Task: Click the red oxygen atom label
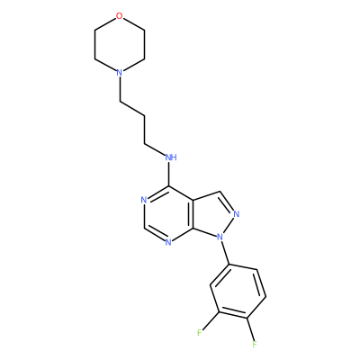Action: click(x=120, y=16)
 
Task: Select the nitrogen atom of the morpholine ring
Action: click(x=120, y=73)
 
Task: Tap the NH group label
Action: click(x=171, y=157)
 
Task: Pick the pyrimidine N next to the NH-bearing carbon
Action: click(x=144, y=200)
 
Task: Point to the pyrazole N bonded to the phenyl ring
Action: click(x=220, y=237)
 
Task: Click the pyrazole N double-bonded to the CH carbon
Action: click(x=236, y=214)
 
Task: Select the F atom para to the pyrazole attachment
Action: click(x=255, y=344)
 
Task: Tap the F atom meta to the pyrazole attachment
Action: click(x=200, y=332)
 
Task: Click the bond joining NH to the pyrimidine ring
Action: click(x=169, y=174)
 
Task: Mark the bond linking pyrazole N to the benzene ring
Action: click(x=225, y=253)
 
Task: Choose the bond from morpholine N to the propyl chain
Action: click(x=120, y=89)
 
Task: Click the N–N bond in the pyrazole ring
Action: click(x=229, y=225)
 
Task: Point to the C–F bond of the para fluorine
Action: click(x=250, y=328)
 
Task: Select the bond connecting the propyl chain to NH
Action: click(x=155, y=150)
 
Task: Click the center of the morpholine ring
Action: click(x=120, y=44)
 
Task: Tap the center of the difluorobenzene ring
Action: click(x=238, y=292)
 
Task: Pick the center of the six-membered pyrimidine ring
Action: click(x=169, y=213)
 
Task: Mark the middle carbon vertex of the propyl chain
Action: click(x=145, y=116)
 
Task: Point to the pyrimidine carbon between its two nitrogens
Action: click(x=144, y=228)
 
